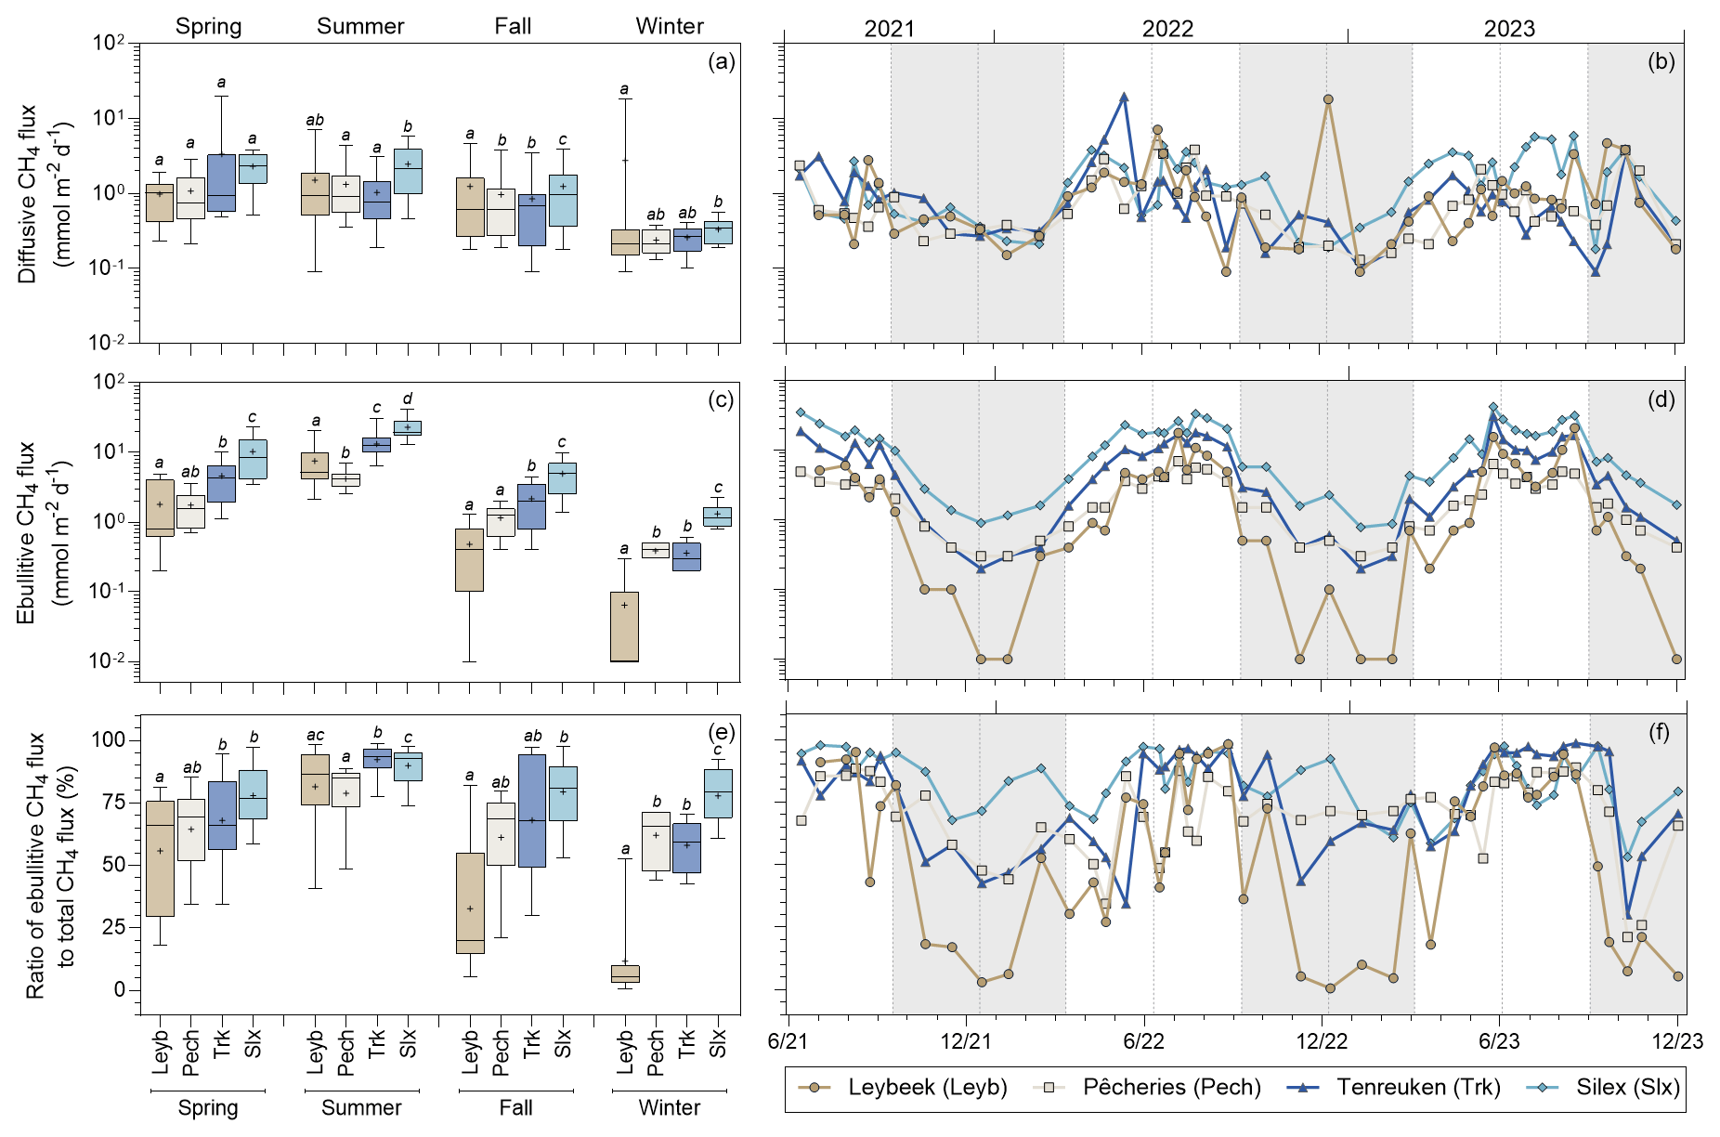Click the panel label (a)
(x=721, y=62)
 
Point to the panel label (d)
(x=1661, y=399)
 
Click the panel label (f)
(x=1661, y=733)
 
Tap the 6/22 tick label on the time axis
(x=1143, y=1041)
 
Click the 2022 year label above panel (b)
(x=1167, y=29)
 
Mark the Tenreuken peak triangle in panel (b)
(x=1124, y=97)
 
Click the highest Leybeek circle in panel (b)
(x=1328, y=99)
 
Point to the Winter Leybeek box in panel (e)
(x=625, y=974)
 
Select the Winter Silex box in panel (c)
(x=718, y=516)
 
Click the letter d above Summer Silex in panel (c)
(x=408, y=399)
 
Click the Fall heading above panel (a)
(x=513, y=26)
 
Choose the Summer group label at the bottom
(x=361, y=1108)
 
